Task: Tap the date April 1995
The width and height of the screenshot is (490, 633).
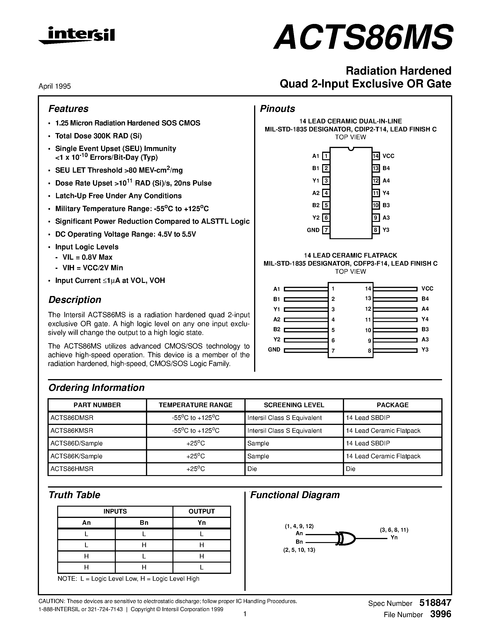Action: [x=55, y=86]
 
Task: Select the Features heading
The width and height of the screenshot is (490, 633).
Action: [x=68, y=109]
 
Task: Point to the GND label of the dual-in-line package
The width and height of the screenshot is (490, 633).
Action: [x=313, y=230]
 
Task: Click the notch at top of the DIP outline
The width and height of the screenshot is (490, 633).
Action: [x=351, y=149]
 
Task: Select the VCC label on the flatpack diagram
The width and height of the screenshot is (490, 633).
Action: [x=427, y=289]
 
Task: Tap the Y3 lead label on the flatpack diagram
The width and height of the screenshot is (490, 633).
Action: [x=425, y=350]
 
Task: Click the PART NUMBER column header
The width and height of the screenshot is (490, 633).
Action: [x=97, y=405]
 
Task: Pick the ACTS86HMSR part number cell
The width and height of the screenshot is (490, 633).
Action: [x=72, y=469]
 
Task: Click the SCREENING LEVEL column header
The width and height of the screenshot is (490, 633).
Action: [x=294, y=405]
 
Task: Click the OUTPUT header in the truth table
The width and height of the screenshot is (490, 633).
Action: [x=202, y=511]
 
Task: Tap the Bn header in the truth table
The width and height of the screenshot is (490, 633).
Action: [x=144, y=523]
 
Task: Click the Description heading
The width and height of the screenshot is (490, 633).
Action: [x=75, y=300]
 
